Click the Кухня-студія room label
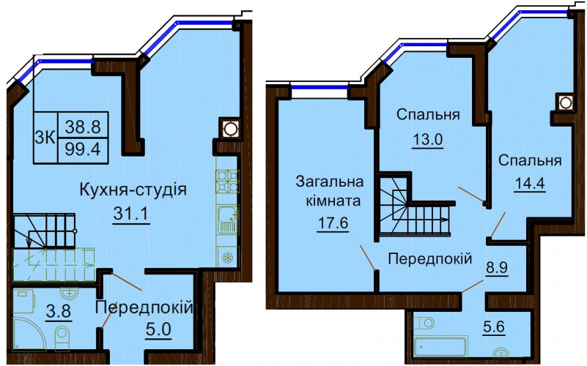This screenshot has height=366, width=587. (x=133, y=190)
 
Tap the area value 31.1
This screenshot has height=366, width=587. (x=131, y=214)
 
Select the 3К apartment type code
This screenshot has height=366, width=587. (x=45, y=138)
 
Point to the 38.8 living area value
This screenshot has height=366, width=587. (x=83, y=127)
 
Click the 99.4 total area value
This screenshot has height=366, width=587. (x=83, y=149)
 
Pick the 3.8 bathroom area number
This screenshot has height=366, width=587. (x=59, y=311)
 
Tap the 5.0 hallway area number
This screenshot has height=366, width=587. (x=158, y=329)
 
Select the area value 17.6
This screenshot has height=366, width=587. (x=333, y=223)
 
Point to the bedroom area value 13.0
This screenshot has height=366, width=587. (x=427, y=140)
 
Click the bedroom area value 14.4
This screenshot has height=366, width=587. (x=530, y=184)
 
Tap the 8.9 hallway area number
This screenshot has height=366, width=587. (x=497, y=268)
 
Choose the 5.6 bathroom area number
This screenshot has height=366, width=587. (x=494, y=327)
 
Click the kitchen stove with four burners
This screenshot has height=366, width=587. (x=227, y=181)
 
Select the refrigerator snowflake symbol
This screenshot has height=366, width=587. (x=227, y=258)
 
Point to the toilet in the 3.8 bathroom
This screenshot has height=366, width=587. (x=62, y=337)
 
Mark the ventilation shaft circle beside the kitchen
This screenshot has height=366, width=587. (x=229, y=129)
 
